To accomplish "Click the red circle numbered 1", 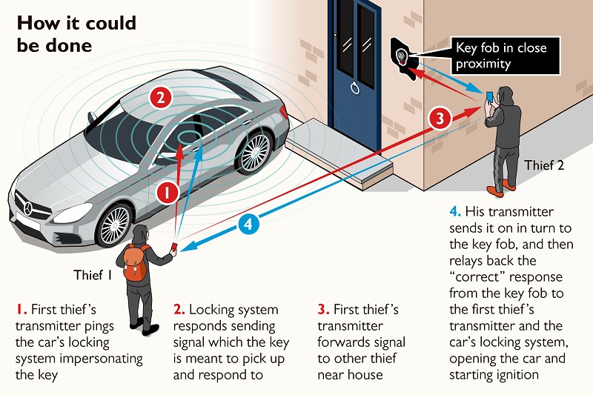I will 168,194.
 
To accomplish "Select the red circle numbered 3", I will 440,118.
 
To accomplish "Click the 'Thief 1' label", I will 92,275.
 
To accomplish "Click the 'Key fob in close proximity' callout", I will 500,56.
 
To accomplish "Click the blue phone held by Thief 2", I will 488,97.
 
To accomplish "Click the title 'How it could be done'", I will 76,33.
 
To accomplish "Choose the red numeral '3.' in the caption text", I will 322,309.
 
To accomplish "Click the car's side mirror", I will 92,117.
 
